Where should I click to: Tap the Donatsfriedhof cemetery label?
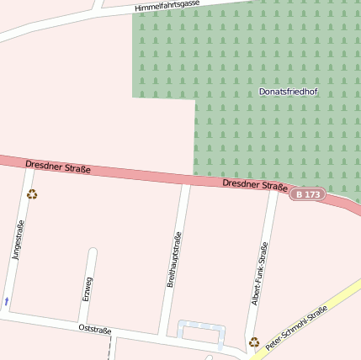pos(288,91)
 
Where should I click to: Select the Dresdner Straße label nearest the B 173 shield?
pos(255,185)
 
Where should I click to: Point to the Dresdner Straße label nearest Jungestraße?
pos(58,167)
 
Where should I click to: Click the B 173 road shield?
pos(307,194)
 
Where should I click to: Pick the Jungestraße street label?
pos(19,241)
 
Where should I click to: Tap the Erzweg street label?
pos(88,289)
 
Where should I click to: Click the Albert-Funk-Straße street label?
pos(262,273)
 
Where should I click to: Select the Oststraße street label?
pos(94,328)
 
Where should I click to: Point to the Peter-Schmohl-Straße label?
pos(296,329)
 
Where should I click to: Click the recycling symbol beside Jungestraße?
pos(32,194)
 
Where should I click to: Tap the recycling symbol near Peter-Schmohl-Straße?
pos(253,341)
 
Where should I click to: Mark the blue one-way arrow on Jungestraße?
pos(7,299)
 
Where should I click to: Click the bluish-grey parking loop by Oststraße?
pos(201,333)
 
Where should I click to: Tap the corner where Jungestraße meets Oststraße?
pos(7,315)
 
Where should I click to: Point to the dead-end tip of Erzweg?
pos(93,251)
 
